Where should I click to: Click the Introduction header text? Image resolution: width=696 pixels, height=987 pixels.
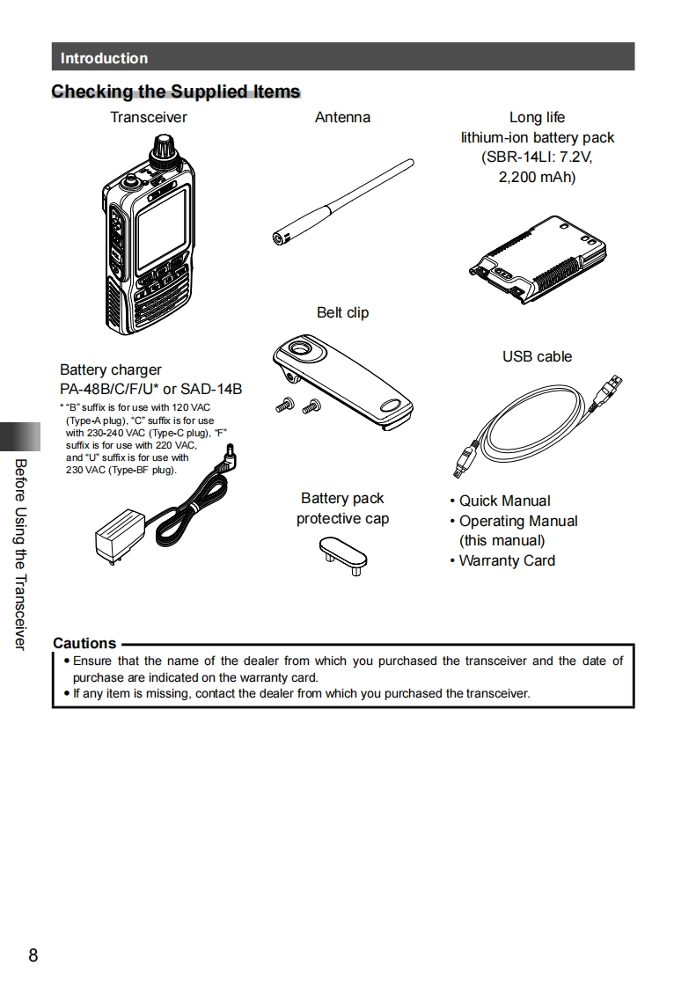(104, 58)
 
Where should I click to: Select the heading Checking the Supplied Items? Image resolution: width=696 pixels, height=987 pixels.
(176, 91)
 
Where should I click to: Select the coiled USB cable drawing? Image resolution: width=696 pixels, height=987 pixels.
(537, 422)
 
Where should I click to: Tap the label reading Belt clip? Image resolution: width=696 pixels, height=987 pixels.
(342, 312)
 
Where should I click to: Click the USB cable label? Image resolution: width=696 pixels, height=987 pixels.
(537, 356)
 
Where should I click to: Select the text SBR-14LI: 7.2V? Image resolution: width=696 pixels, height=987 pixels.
(537, 157)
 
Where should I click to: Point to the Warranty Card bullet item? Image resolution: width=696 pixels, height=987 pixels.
(507, 560)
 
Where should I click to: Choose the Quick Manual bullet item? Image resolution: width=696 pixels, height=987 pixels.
(505, 501)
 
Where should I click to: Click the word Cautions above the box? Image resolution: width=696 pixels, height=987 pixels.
(84, 643)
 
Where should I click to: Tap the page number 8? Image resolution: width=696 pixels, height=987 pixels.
(33, 955)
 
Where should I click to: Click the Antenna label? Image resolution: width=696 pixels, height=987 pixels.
(342, 117)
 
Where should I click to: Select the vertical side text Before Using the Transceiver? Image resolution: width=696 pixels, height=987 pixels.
(20, 554)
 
